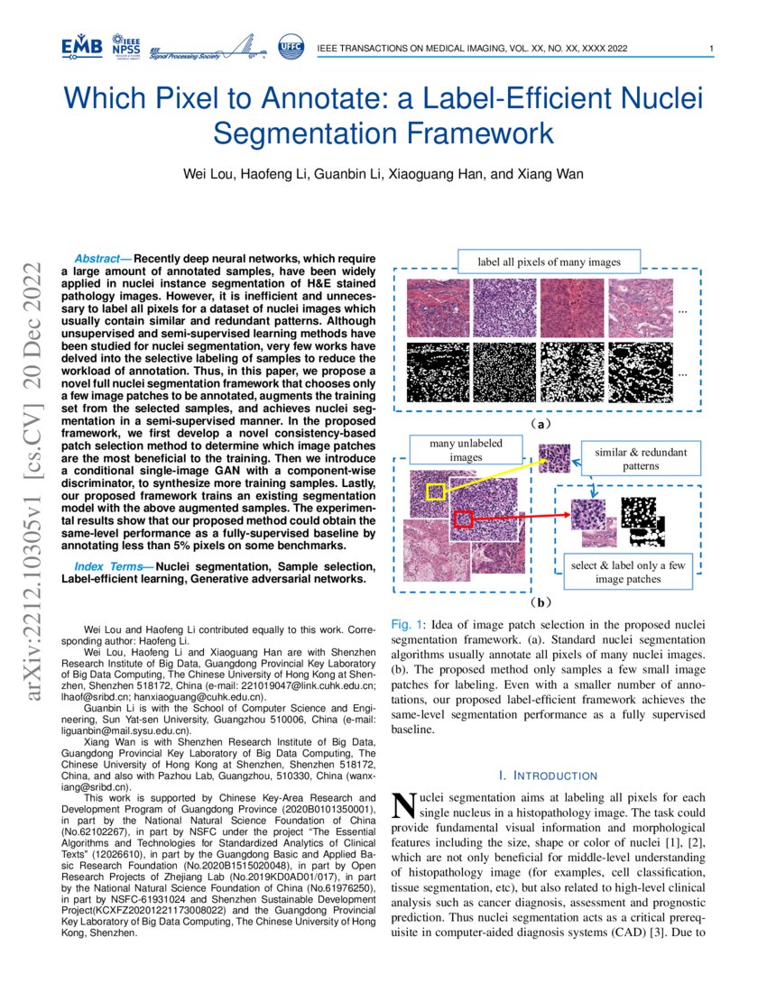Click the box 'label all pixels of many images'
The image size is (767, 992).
549,262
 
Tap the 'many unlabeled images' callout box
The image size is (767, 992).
467,450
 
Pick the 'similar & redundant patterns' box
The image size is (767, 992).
640,459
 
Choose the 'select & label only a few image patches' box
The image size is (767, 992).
627,573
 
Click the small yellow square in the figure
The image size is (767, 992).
436,491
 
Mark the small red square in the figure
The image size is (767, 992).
463,519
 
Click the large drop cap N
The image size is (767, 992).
403,807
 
